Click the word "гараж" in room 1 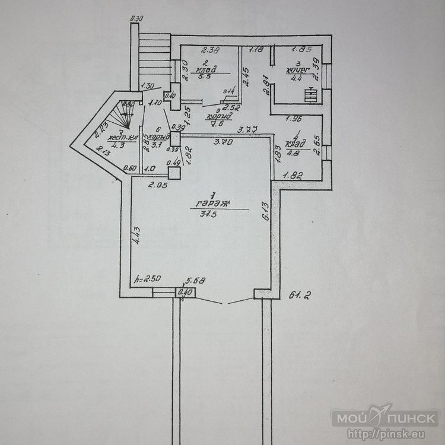point(212,204)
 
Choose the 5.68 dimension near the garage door point(195,281)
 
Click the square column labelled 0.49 point(174,173)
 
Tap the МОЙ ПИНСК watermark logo point(384,418)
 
